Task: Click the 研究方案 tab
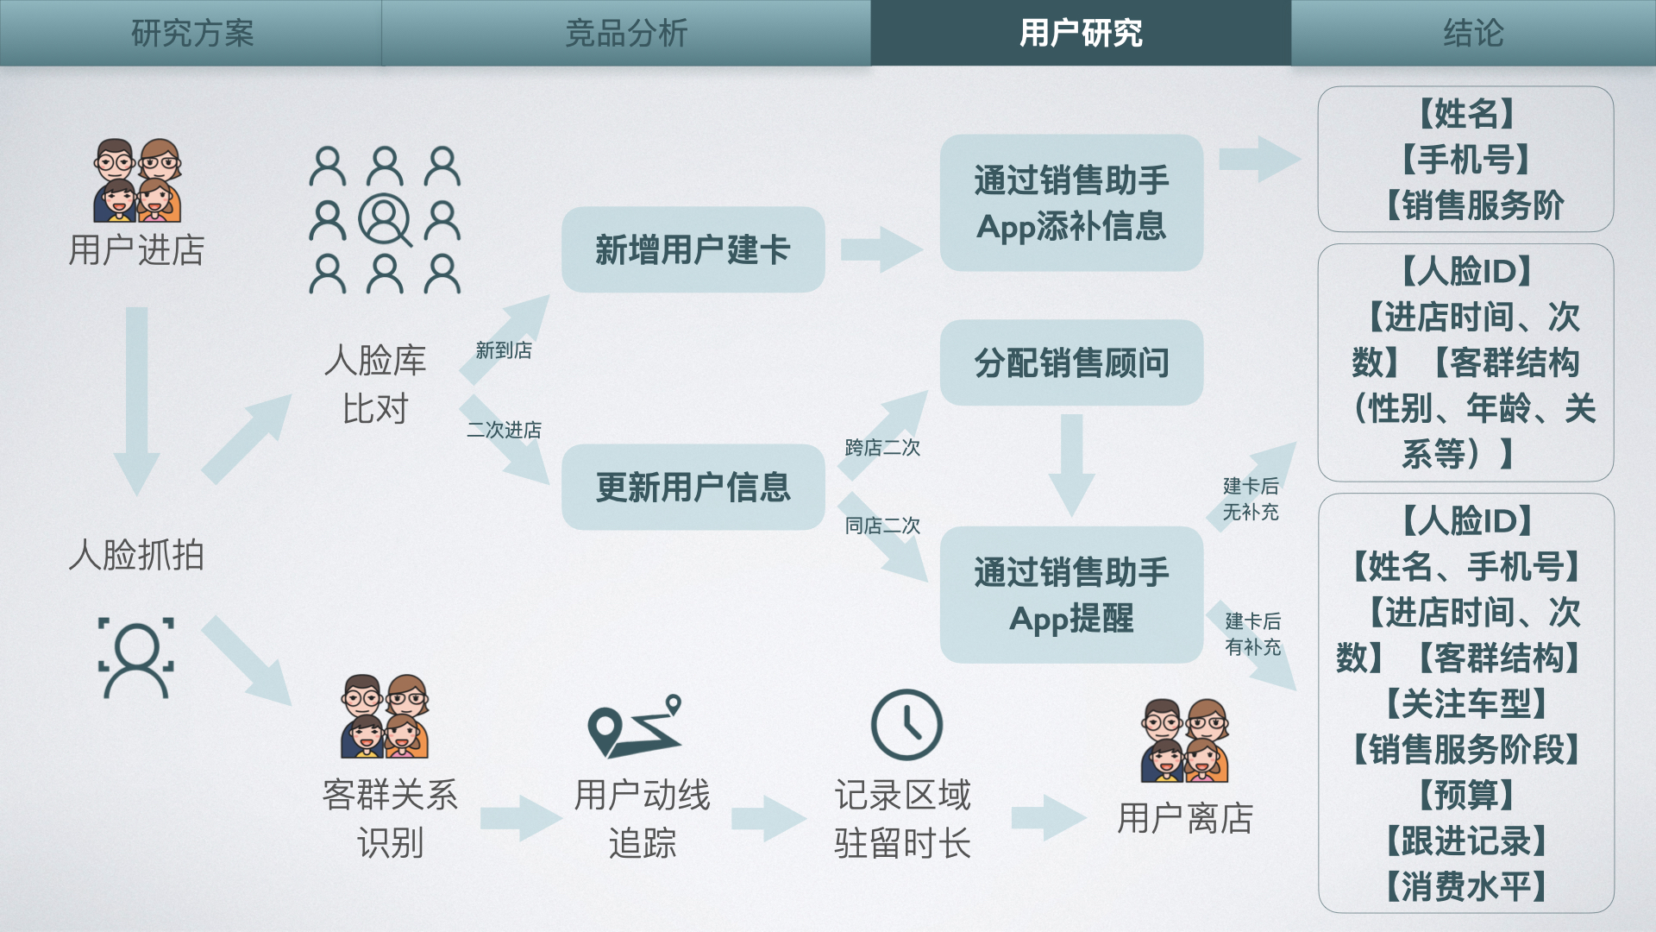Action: click(x=191, y=33)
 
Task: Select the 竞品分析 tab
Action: click(x=626, y=33)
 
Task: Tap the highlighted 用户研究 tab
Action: click(x=1081, y=33)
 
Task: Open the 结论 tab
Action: click(x=1473, y=33)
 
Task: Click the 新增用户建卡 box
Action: click(x=693, y=249)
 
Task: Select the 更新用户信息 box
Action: click(x=693, y=487)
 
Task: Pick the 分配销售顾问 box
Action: click(x=1071, y=362)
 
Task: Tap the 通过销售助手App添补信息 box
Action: click(x=1071, y=203)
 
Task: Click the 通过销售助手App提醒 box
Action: click(x=1071, y=595)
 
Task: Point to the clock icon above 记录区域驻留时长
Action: click(x=906, y=725)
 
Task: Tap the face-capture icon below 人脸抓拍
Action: click(x=136, y=657)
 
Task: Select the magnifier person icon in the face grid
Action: click(x=385, y=220)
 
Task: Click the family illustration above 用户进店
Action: click(x=137, y=180)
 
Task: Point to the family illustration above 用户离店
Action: click(x=1184, y=740)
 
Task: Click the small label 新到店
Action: click(x=504, y=350)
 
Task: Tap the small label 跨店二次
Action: click(x=882, y=448)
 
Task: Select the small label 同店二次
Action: click(x=882, y=526)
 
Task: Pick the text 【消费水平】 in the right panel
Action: click(x=1466, y=886)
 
